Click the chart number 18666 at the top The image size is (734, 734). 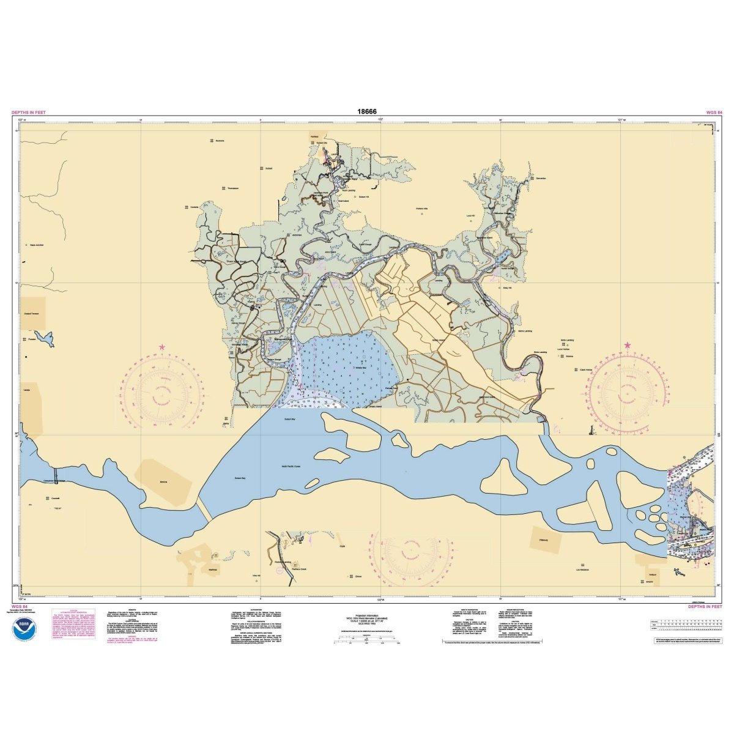point(368,112)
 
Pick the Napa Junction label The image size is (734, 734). point(37,245)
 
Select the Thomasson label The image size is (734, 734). point(232,188)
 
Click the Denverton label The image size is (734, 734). point(540,178)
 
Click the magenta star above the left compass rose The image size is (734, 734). point(162,347)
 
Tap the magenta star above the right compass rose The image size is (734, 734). point(628,346)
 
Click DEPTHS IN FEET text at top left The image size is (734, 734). point(29,113)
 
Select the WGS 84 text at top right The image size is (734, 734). point(714,113)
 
